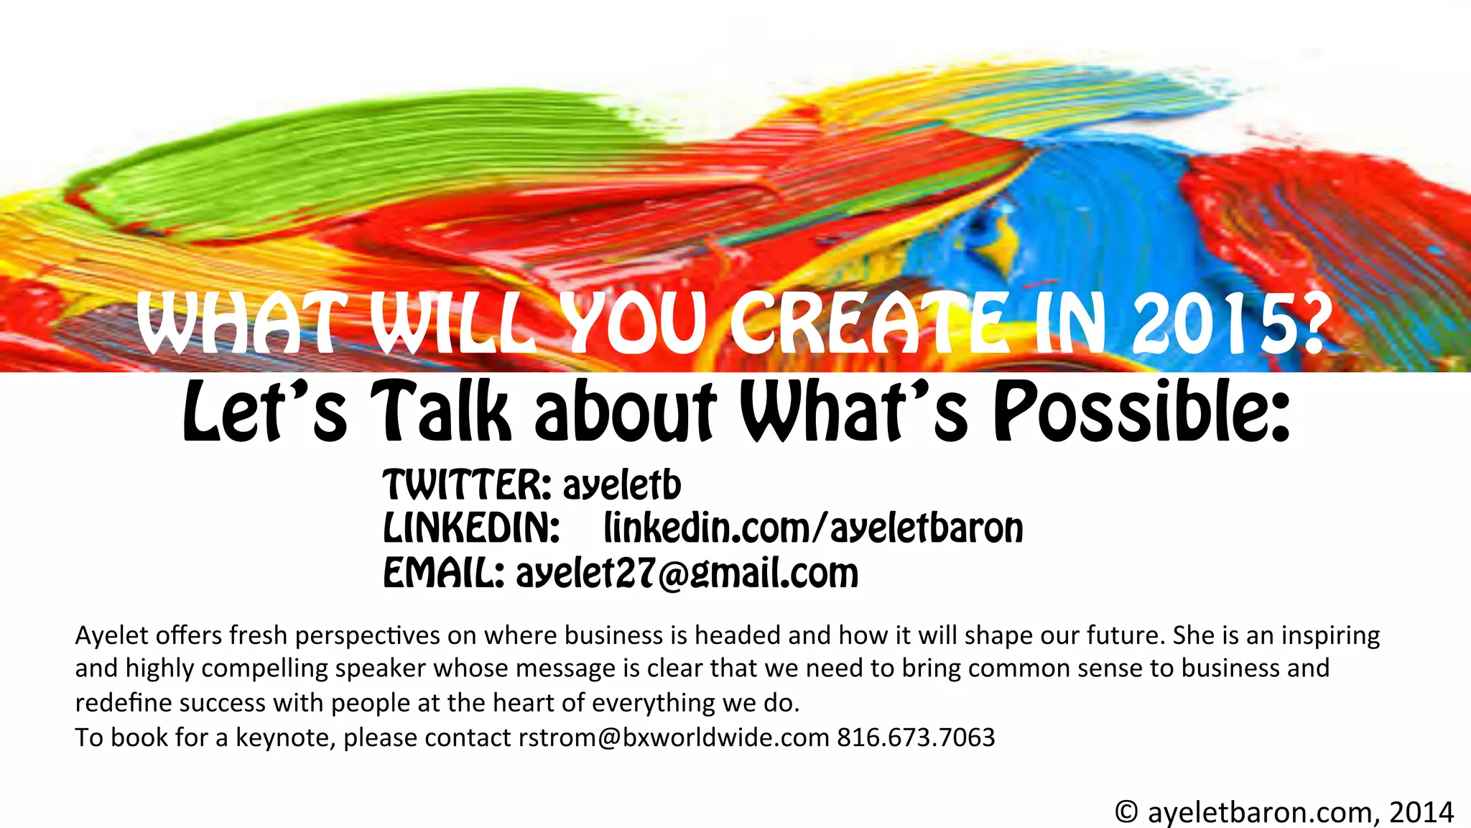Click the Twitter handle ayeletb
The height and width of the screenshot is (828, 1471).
621,485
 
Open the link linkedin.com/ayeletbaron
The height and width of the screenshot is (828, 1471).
813,529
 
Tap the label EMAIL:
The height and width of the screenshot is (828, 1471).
443,573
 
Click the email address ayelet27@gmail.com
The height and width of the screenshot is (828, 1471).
687,574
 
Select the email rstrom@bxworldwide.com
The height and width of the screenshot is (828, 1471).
674,737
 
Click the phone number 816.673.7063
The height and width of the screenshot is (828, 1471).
916,737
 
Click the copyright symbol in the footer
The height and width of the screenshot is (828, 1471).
1126,812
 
